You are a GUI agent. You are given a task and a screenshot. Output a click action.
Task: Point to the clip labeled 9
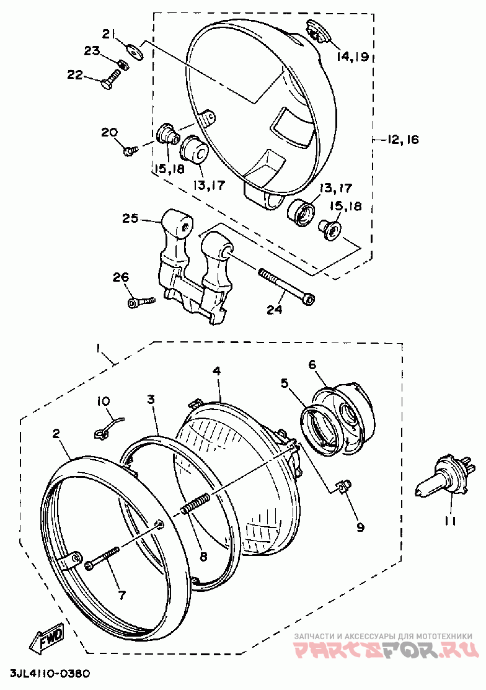tap(344, 485)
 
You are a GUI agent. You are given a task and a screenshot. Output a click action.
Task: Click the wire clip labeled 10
tap(108, 428)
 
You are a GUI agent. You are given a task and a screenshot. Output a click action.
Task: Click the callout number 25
tap(130, 218)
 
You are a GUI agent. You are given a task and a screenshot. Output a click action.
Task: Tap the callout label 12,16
tap(403, 140)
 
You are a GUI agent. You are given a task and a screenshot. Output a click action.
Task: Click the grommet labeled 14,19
tap(318, 34)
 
